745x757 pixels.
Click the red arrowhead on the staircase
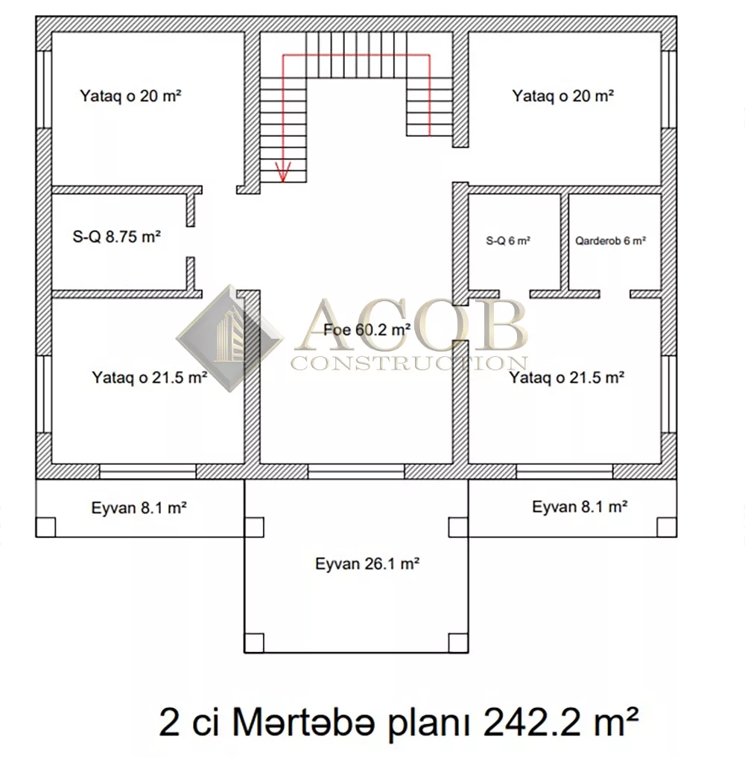[283, 172]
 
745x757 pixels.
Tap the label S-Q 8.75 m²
[116, 237]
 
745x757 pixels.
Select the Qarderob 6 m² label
[610, 241]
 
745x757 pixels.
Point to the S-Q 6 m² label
[508, 241]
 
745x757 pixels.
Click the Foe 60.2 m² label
[367, 330]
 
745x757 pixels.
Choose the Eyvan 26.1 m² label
[367, 563]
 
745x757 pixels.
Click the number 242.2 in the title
[537, 722]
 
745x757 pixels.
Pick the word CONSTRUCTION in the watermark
[409, 363]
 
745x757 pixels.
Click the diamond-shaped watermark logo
[229, 338]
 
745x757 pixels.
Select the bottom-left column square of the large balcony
[254, 643]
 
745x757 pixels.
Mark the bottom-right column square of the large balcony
[458, 643]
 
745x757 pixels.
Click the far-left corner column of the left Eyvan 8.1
[46, 528]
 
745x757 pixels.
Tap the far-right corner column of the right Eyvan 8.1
[667, 528]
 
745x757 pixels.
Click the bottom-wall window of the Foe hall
[356, 471]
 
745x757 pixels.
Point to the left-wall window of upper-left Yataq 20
[44, 89]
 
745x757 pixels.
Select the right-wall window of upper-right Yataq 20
[669, 89]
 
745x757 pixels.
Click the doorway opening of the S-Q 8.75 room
[191, 242]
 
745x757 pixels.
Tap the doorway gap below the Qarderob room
[615, 294]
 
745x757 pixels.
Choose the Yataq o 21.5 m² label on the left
[150, 377]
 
